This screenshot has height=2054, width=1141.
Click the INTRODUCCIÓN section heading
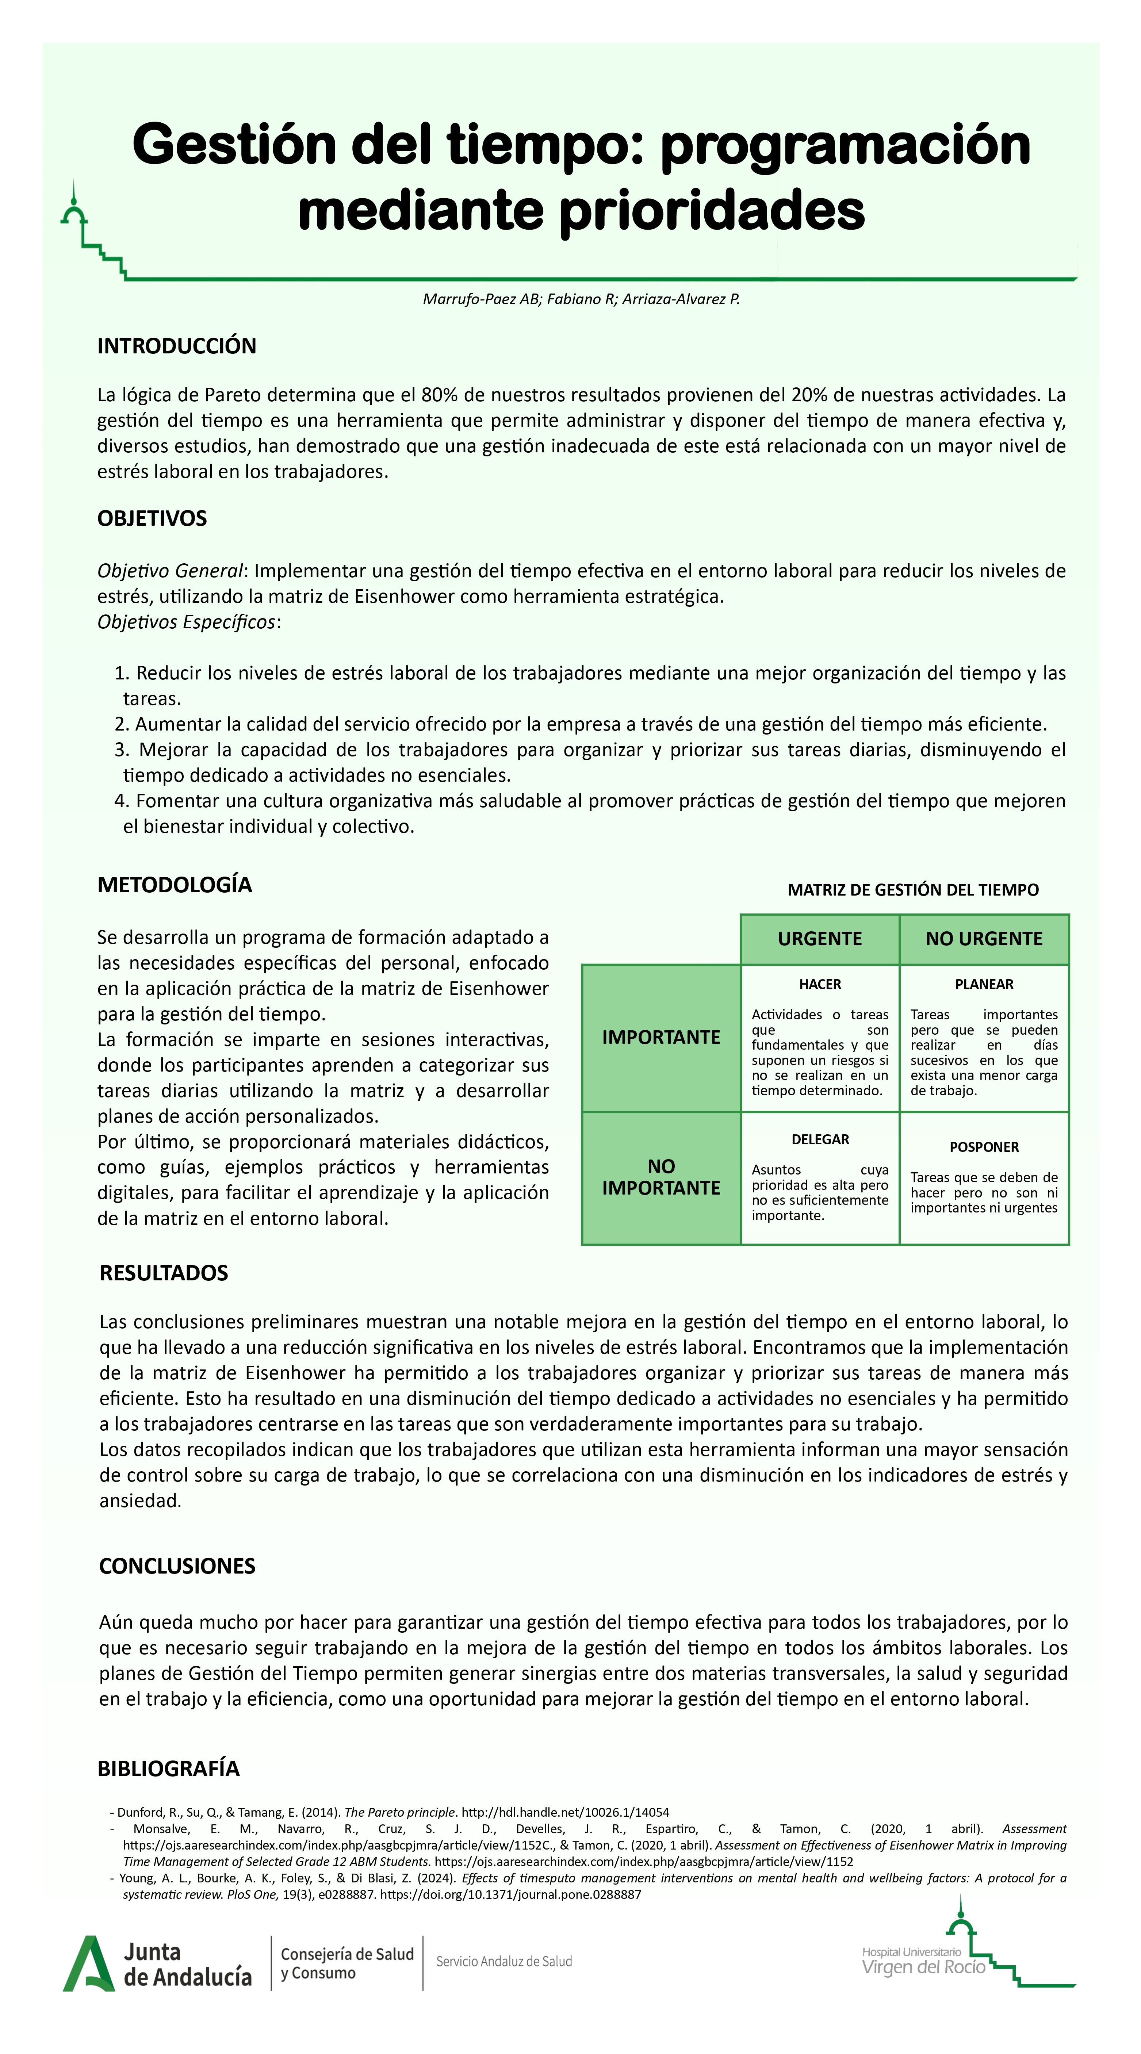[176, 346]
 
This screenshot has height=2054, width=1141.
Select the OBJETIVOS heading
[152, 518]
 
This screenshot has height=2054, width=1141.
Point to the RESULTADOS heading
[164, 1273]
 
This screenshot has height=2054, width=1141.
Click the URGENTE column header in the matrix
[820, 939]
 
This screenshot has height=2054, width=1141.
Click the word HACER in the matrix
[820, 984]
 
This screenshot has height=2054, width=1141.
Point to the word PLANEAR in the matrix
[984, 984]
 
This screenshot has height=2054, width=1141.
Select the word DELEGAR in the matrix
[820, 1139]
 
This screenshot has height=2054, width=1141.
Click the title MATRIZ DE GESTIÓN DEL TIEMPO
[913, 890]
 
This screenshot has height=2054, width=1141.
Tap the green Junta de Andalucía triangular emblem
[88, 1963]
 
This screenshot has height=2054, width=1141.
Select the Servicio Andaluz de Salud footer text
[504, 1961]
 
